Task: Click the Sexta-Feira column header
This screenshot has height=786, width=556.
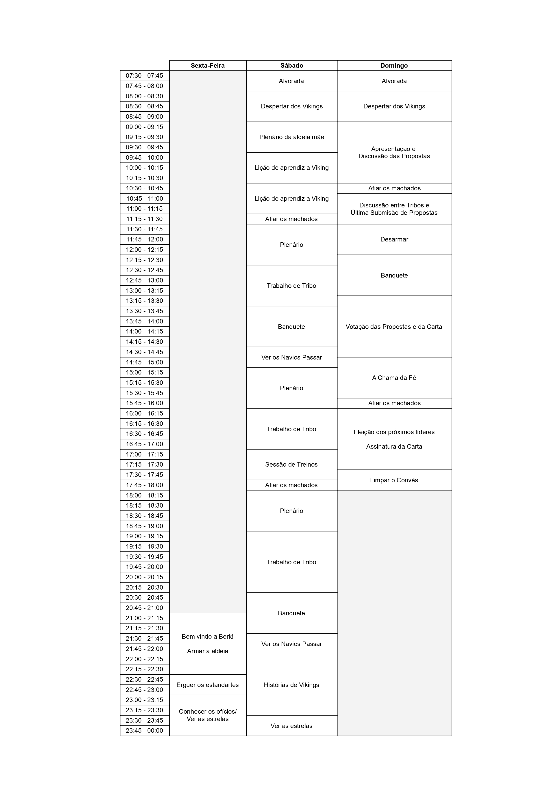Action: point(208,65)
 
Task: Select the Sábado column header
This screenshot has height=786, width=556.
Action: point(291,65)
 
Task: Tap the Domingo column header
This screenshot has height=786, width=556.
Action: point(394,65)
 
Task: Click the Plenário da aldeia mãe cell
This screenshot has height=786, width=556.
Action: point(291,137)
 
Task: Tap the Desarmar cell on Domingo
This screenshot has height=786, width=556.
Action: point(394,239)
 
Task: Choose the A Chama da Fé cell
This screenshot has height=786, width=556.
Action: point(394,378)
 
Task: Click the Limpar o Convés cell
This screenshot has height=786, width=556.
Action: point(394,480)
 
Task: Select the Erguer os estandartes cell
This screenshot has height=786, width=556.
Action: point(208,685)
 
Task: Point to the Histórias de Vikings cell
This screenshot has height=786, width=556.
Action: point(291,685)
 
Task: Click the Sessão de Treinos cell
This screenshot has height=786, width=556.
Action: point(291,464)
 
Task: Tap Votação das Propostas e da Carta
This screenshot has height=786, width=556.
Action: point(394,327)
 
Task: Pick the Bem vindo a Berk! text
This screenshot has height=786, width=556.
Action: point(208,636)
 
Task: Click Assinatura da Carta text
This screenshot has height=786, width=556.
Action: point(394,446)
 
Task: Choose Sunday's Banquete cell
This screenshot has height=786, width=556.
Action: point(394,275)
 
